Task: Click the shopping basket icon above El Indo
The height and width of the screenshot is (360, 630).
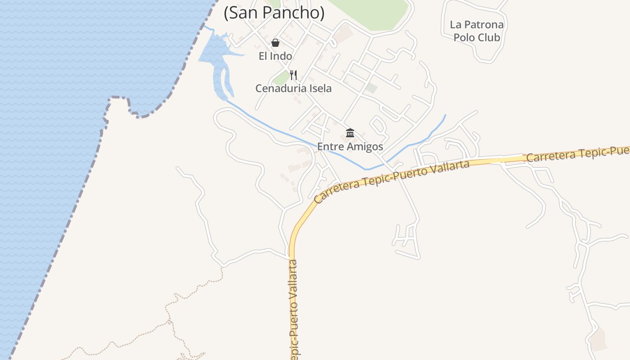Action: coord(275,43)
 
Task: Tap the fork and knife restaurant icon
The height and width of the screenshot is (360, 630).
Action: coord(293,75)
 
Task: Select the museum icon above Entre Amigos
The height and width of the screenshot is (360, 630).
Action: coord(350,133)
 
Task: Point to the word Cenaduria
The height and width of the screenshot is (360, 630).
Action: coord(277,88)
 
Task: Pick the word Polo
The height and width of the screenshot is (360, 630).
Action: coord(463,37)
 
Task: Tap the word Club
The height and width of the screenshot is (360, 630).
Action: coord(489,37)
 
